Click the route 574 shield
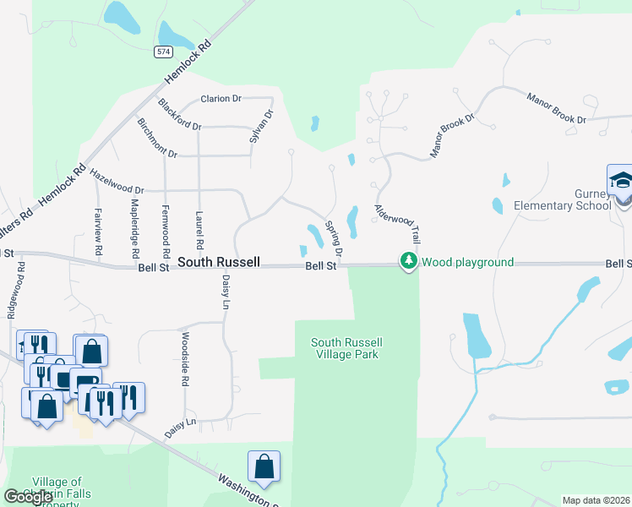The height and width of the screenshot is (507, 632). tap(163, 52)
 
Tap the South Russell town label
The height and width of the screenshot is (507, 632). tap(219, 262)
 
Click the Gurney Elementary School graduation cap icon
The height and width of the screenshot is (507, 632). tap(621, 182)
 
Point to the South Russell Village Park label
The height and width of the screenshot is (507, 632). tap(346, 348)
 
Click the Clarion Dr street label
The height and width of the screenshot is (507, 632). tap(221, 99)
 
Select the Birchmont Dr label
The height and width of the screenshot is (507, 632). tap(157, 138)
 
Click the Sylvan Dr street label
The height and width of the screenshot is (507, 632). tap(262, 125)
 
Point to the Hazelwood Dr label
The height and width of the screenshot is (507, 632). tap(117, 179)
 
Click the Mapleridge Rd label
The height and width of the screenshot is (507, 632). tap(134, 229)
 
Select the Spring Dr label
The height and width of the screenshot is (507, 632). tap(335, 240)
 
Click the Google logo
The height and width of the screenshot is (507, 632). tap(28, 496)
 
